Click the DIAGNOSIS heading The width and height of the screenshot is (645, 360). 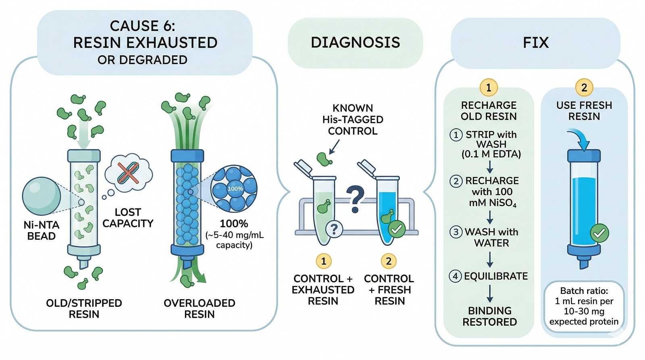[x=355, y=42]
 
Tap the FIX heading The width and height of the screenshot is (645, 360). [x=536, y=43]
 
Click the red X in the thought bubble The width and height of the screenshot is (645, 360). [x=129, y=173]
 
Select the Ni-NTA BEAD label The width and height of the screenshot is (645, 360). [x=42, y=231]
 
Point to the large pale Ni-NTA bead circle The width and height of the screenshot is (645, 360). [x=42, y=196]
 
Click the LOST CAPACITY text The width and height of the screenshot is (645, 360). [x=128, y=218]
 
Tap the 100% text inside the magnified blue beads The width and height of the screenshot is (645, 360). [x=235, y=189]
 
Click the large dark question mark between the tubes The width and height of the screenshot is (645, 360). [x=355, y=199]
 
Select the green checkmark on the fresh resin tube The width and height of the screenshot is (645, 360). [x=397, y=229]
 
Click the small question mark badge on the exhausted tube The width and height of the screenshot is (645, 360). [x=334, y=229]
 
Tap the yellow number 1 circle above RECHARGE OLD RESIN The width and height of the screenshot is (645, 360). [x=488, y=87]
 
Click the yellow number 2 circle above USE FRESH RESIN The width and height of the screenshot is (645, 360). [x=584, y=87]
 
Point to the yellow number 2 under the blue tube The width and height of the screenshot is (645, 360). [x=389, y=261]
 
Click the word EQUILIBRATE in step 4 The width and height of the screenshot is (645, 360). [x=496, y=276]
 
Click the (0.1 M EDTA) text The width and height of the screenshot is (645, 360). [x=491, y=154]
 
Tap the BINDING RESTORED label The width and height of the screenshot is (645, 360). [x=489, y=316]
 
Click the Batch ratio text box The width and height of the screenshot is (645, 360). [x=584, y=306]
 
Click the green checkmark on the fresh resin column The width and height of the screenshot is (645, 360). [x=599, y=233]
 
